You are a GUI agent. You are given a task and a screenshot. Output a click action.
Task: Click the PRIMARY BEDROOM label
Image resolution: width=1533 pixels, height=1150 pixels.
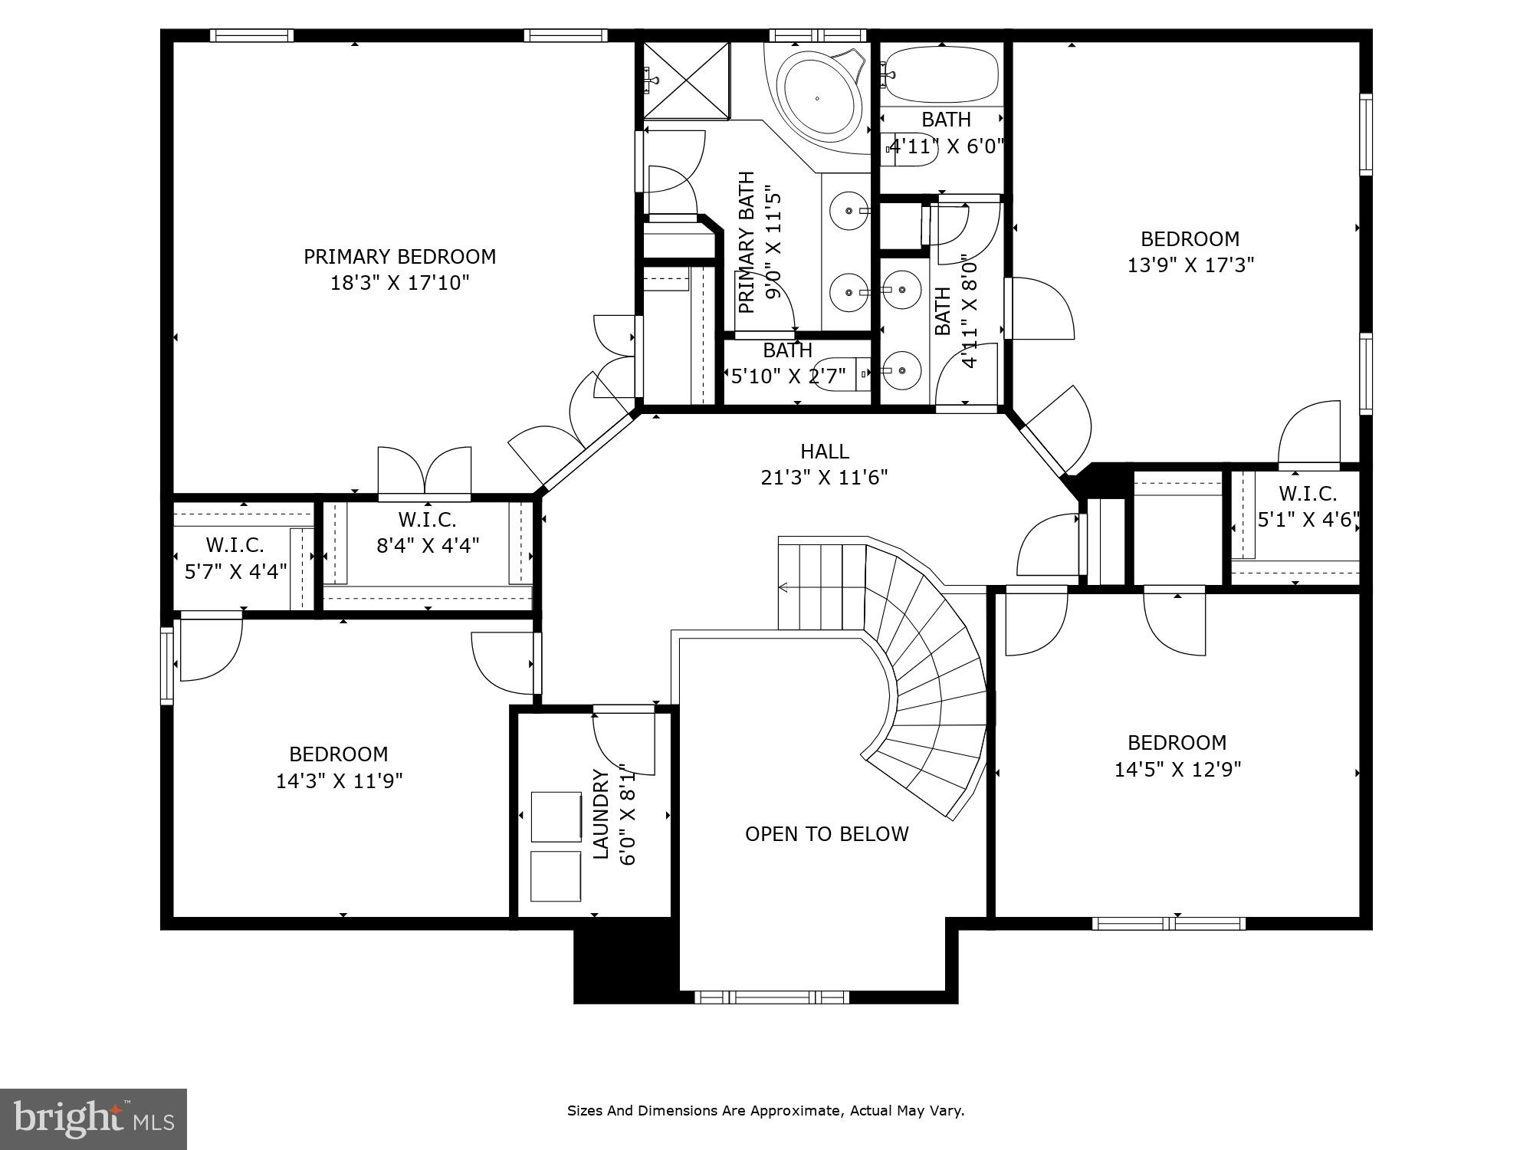(x=399, y=256)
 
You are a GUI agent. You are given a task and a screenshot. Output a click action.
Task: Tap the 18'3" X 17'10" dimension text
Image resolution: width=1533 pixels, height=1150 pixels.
(x=399, y=283)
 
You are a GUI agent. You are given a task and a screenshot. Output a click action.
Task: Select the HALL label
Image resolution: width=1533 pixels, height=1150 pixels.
(x=824, y=451)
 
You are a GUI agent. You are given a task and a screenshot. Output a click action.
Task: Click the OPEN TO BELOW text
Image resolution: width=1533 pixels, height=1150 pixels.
(x=826, y=834)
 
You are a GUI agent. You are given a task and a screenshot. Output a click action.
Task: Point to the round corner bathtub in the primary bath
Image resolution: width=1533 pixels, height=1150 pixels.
(x=817, y=97)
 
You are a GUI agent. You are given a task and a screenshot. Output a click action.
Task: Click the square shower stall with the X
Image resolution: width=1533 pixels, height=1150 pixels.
(x=686, y=80)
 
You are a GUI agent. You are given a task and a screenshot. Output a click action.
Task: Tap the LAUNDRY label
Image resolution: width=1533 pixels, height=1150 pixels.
(x=602, y=814)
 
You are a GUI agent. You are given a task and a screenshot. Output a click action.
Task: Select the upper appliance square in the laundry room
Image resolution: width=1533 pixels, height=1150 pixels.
(x=556, y=817)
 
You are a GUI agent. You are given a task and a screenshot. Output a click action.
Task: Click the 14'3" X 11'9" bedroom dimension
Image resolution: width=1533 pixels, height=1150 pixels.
(x=339, y=780)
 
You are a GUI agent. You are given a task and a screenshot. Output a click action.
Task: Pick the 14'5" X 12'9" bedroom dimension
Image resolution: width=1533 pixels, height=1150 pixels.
(x=1177, y=769)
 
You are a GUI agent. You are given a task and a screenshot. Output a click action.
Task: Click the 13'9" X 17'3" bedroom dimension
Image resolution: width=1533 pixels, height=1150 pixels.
(x=1190, y=265)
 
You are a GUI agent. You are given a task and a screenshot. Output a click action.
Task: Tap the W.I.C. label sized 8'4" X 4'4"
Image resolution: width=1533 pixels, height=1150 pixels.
(x=427, y=520)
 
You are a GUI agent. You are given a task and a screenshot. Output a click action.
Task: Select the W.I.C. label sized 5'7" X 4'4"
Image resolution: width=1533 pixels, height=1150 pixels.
(x=235, y=545)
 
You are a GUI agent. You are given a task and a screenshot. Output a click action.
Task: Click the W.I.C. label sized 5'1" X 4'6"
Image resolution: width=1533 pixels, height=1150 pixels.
(x=1307, y=494)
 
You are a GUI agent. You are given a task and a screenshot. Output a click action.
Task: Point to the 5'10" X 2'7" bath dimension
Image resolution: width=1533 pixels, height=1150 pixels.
(x=788, y=376)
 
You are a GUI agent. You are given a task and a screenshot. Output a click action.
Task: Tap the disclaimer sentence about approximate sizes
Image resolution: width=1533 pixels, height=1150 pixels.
(x=765, y=1110)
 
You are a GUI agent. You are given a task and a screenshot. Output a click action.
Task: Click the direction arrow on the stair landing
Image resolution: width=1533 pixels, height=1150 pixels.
(x=783, y=588)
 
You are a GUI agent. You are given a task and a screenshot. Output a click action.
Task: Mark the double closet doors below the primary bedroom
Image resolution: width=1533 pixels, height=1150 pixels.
(x=425, y=474)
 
